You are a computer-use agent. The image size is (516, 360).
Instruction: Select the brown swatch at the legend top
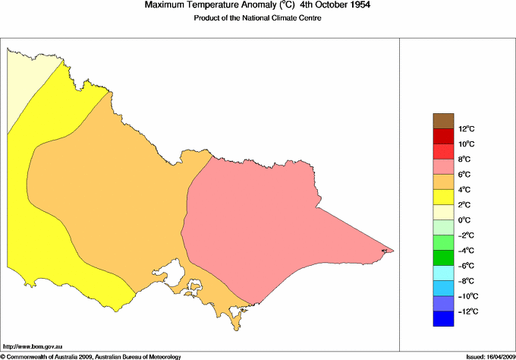click(443, 121)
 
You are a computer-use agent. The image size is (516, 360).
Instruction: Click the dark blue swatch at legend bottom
click(443, 319)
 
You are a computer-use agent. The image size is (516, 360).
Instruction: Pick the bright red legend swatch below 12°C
click(443, 137)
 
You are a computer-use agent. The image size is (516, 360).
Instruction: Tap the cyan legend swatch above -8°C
click(443, 273)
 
